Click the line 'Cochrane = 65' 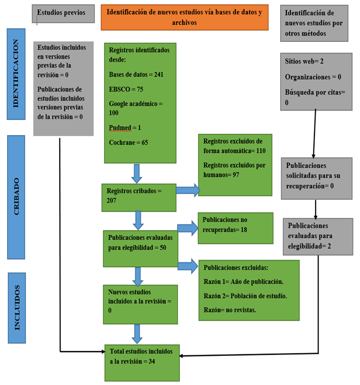click(x=128, y=142)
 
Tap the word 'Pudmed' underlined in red click(x=119, y=127)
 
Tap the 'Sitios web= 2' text click(x=304, y=61)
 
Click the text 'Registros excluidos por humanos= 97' click(x=234, y=170)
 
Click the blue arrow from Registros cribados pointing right click(x=188, y=190)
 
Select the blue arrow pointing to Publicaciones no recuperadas click(x=187, y=229)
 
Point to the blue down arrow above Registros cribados click(x=137, y=173)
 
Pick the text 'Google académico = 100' click(x=136, y=108)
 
